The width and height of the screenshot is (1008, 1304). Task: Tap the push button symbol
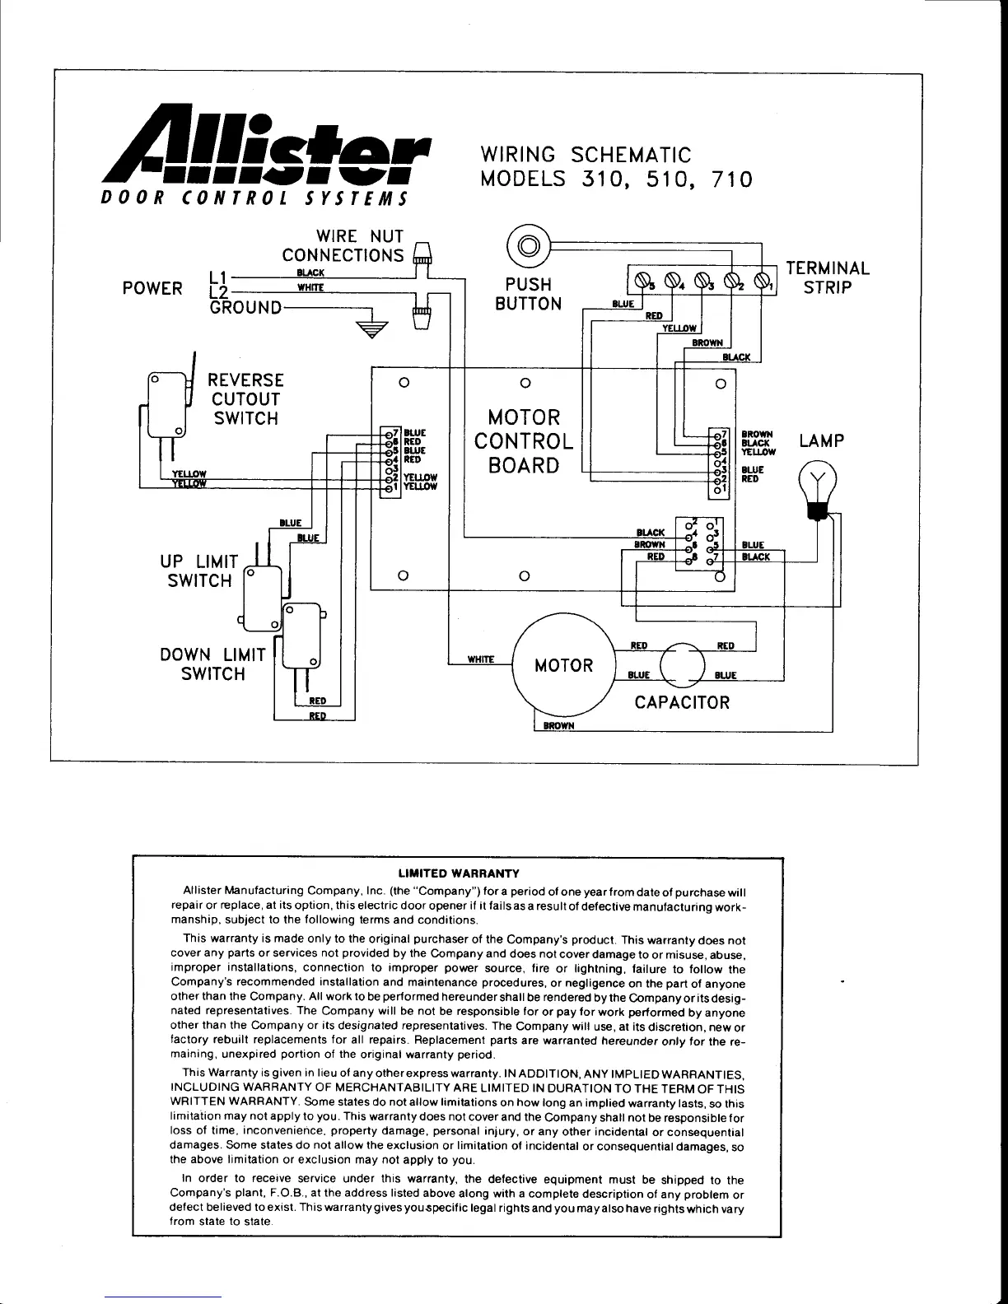[x=529, y=244]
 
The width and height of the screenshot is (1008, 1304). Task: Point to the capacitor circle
[x=684, y=663]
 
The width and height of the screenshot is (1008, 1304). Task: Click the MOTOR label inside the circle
[x=563, y=665]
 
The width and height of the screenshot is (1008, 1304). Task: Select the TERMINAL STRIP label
[x=827, y=277]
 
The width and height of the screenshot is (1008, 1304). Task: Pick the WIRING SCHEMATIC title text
[x=585, y=155]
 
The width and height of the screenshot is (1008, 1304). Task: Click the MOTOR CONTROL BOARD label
[x=524, y=441]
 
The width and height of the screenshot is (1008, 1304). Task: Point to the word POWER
[x=152, y=288]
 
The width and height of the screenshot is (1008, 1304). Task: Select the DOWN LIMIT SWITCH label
[x=212, y=664]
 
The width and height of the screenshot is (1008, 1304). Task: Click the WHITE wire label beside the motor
[x=480, y=659]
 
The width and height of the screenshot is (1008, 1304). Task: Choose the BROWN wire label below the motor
[x=558, y=726]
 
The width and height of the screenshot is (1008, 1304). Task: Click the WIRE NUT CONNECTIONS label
[x=343, y=245]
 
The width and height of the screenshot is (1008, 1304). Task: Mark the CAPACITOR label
[x=682, y=702]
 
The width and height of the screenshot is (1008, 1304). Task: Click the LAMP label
[x=821, y=440]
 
